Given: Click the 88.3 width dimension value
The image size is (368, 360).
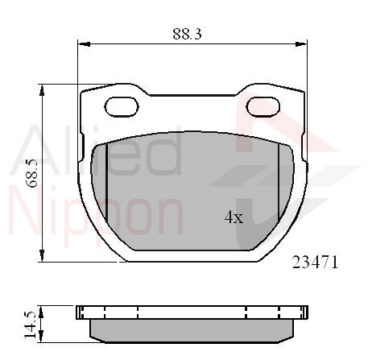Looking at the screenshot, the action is tap(187, 34).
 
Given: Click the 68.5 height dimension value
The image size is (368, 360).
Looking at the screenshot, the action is tap(32, 173).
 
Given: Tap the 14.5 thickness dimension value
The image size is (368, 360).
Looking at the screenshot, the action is tap(30, 325).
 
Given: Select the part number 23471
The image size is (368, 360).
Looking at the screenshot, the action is tap(315, 263).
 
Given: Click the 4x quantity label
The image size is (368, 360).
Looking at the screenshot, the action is tap(234, 217).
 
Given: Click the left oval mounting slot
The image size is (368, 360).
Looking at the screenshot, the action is tap(122, 107).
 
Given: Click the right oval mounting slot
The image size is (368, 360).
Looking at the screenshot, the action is tap(263, 107).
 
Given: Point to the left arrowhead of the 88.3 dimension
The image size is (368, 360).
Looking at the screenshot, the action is tap(84, 44).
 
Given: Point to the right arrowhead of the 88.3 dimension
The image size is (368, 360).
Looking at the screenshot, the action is tap(301, 44).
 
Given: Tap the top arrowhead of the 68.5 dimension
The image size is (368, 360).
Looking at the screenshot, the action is tap(42, 90).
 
